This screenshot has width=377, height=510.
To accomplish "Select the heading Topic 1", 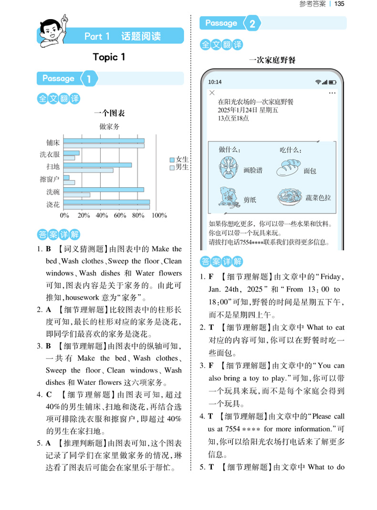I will (x=109, y=57).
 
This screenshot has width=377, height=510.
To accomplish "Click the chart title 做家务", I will (x=109, y=127).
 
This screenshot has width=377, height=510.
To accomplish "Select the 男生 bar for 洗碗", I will (x=77, y=194).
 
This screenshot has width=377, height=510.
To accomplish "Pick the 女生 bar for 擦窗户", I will (x=66, y=177).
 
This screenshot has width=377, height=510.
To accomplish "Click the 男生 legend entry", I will (x=179, y=167).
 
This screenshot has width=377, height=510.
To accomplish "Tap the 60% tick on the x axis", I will (x=120, y=215).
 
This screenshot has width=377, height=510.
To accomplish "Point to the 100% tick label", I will (x=159, y=215).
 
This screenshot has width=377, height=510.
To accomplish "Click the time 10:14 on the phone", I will (x=215, y=82).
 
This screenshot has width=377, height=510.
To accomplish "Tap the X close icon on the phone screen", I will (x=212, y=92).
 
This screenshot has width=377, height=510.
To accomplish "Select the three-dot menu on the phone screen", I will (x=332, y=92).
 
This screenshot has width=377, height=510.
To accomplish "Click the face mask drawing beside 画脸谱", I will (x=228, y=168).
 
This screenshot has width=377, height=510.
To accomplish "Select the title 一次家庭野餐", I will (x=272, y=60).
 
